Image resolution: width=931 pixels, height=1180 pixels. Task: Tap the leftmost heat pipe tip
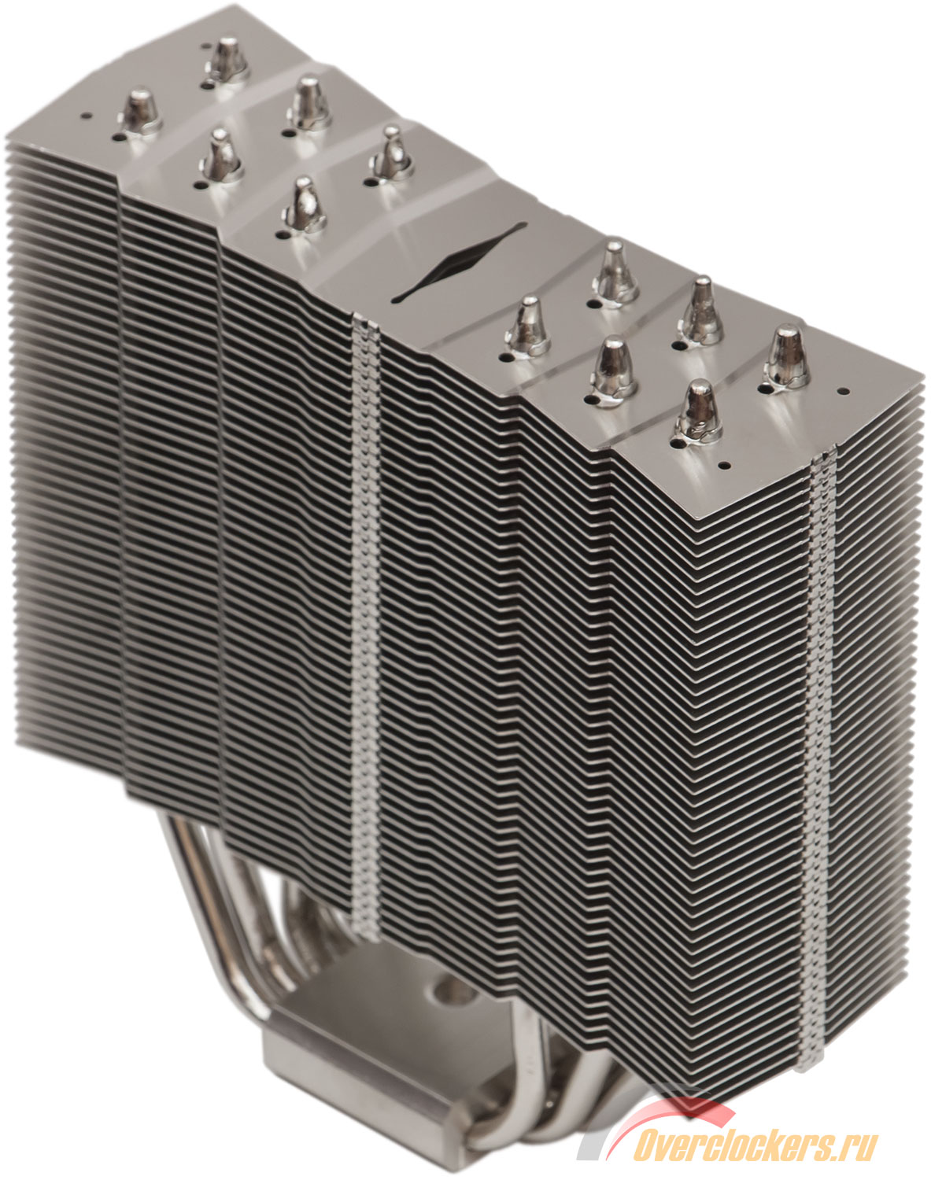(139, 112)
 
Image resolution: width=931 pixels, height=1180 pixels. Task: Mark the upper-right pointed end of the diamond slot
(526, 223)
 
